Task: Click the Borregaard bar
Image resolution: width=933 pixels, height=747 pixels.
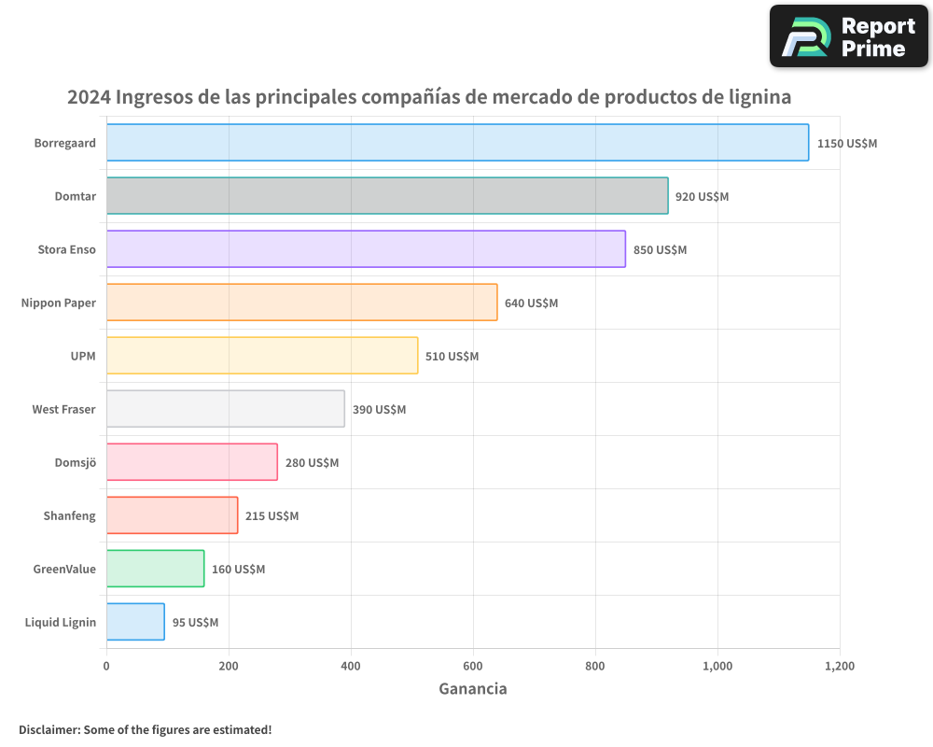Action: click(457, 143)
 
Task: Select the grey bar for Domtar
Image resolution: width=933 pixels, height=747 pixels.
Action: click(387, 196)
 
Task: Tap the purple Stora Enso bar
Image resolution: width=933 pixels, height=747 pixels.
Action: click(366, 249)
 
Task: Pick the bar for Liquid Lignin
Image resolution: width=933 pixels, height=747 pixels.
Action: click(135, 622)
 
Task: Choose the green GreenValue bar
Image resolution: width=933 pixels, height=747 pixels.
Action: click(155, 569)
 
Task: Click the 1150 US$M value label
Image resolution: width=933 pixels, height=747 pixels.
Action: click(847, 144)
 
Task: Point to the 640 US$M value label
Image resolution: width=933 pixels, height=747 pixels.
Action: click(531, 303)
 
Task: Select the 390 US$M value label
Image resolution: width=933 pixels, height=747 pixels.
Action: click(379, 410)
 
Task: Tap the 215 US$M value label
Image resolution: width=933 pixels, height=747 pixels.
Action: click(272, 516)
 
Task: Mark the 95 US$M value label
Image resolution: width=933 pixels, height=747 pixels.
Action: click(195, 623)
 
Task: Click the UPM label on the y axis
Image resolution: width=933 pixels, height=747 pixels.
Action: click(82, 357)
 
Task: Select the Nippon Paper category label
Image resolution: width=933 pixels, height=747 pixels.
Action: click(59, 303)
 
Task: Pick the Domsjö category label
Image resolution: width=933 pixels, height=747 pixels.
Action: click(76, 463)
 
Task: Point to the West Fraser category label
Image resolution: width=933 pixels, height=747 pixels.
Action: click(63, 410)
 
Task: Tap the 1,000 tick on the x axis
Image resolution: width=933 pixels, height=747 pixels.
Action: click(717, 666)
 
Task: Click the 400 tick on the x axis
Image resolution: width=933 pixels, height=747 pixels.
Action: click(351, 666)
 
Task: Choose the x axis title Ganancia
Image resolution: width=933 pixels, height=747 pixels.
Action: click(473, 689)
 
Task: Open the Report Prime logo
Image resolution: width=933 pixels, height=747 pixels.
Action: click(848, 36)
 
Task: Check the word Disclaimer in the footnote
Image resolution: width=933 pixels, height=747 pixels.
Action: click(49, 729)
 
